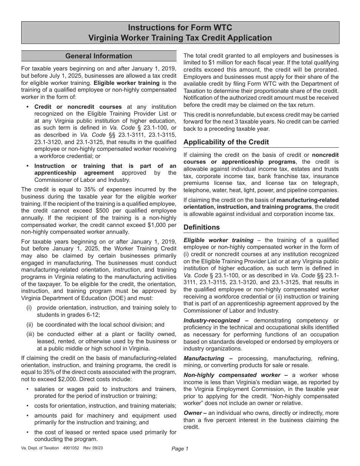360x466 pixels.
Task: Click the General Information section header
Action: [x=99, y=56]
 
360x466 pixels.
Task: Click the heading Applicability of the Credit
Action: [x=226, y=142]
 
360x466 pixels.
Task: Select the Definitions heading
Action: [x=202, y=227]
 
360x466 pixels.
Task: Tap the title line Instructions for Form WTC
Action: [x=180, y=28]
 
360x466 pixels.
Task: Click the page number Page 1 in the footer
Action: [x=180, y=449]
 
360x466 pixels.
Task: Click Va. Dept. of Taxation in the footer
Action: [x=40, y=448]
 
